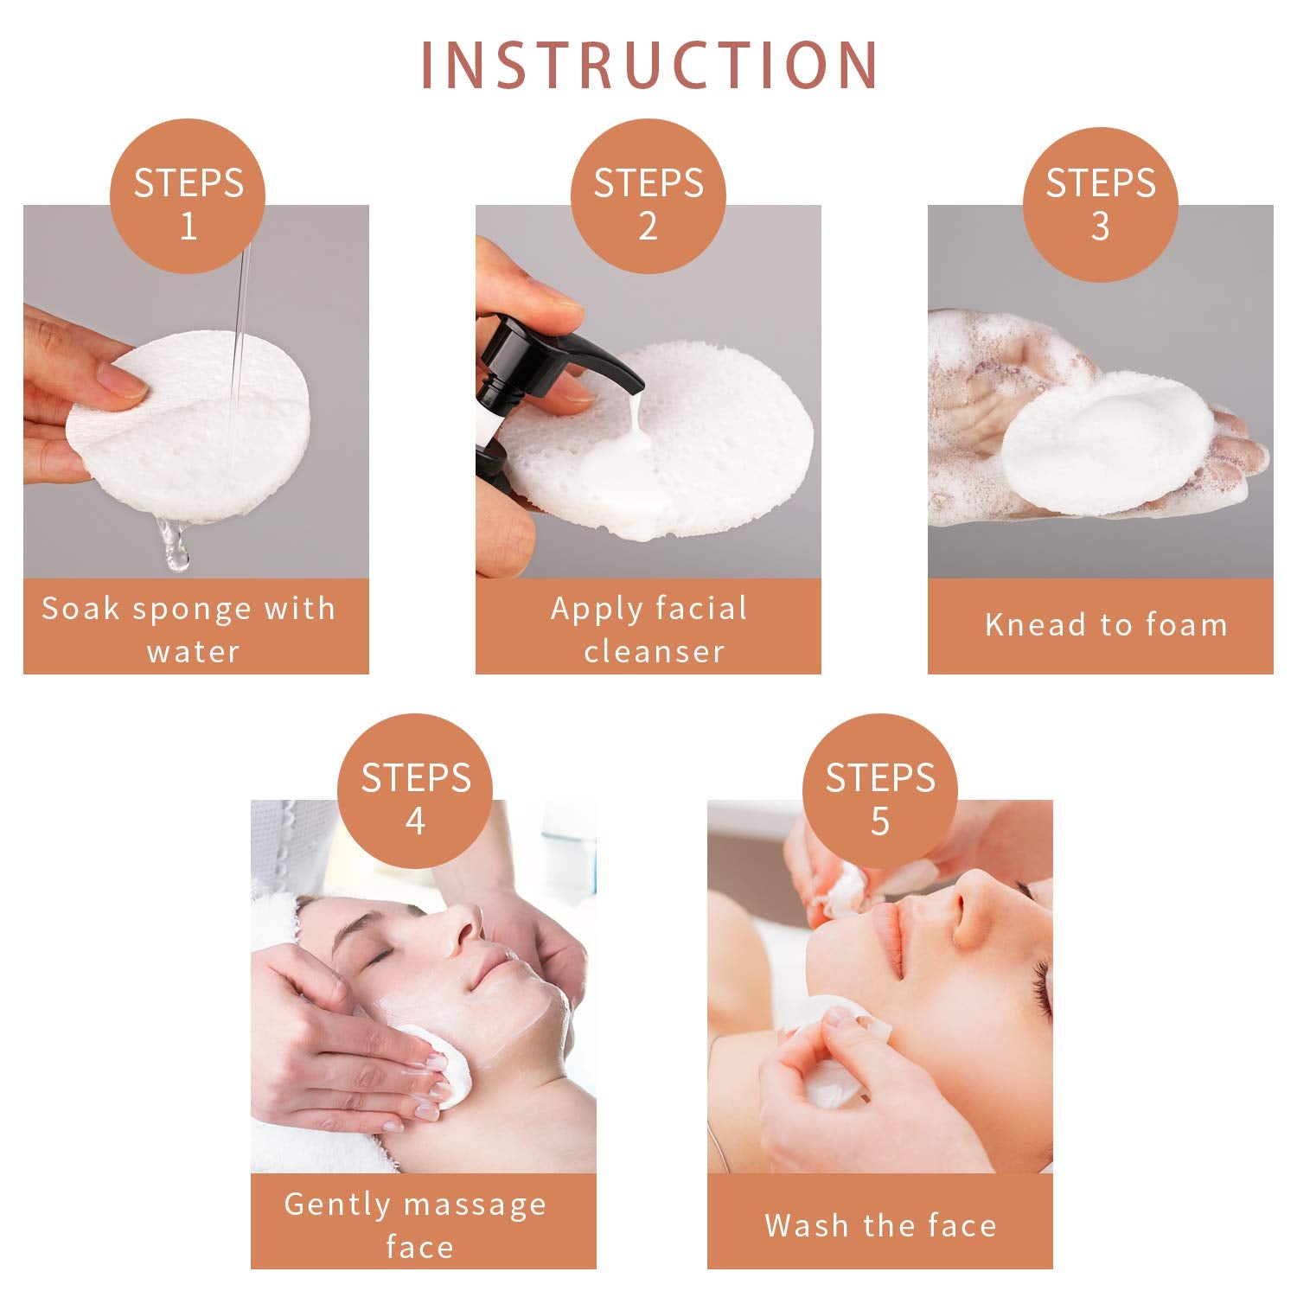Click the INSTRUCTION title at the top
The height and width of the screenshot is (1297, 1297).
649,65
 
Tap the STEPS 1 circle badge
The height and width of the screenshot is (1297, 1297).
188,197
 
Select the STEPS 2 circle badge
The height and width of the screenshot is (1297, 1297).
648,197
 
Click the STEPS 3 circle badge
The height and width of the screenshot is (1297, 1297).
1100,204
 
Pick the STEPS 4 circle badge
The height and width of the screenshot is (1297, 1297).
415,791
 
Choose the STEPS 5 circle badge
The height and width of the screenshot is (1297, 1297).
879,791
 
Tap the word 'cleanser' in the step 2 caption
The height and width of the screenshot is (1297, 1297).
654,651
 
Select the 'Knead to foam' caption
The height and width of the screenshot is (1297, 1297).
1106,624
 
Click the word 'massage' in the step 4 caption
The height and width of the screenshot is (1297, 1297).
475,1205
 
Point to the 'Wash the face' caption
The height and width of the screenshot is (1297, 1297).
880,1225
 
